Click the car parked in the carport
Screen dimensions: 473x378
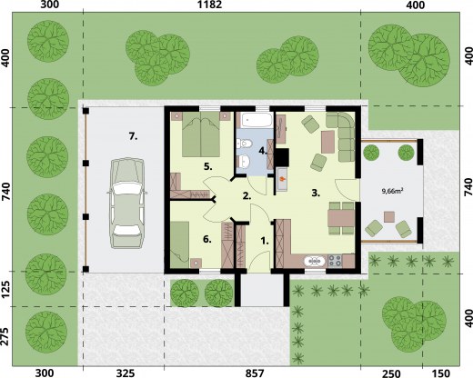point(127,204)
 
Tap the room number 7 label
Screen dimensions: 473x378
point(133,136)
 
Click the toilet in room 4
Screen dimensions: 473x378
point(243,144)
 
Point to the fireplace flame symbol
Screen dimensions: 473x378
point(282,179)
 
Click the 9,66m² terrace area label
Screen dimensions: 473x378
point(392,191)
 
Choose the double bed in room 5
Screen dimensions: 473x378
point(201,134)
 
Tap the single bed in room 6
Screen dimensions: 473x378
point(179,244)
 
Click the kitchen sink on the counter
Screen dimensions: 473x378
point(316,261)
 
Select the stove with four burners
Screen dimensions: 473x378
point(335,261)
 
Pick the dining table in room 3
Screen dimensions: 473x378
point(341,218)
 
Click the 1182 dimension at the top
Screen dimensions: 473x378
point(209,5)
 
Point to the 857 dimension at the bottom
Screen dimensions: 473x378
point(255,373)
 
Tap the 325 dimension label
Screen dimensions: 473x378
point(126,373)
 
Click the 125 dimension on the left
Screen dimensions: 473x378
point(5,288)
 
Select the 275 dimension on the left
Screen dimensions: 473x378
point(5,336)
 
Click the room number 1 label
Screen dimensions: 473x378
point(265,241)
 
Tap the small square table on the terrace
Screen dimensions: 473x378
point(389,217)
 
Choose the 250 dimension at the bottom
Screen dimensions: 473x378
point(391,373)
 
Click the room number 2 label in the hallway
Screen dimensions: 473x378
point(247,196)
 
